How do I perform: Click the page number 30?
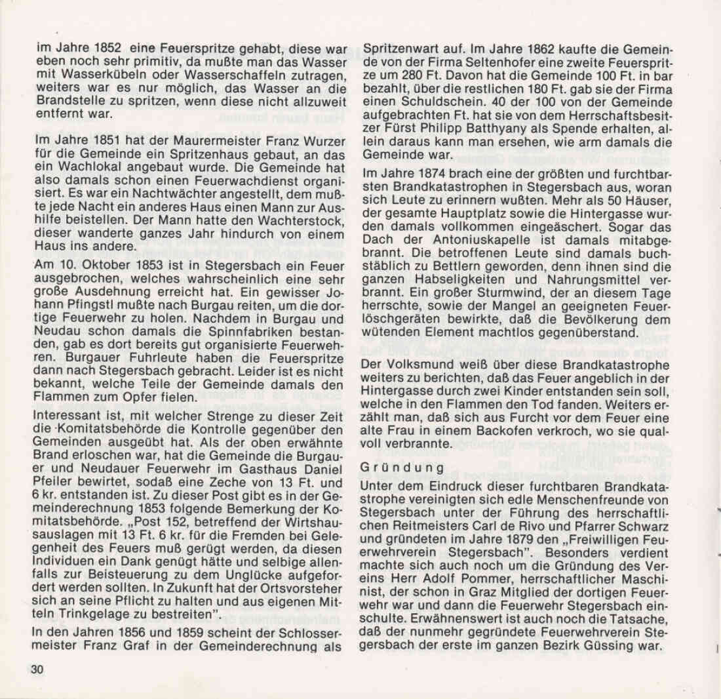tap(37, 669)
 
